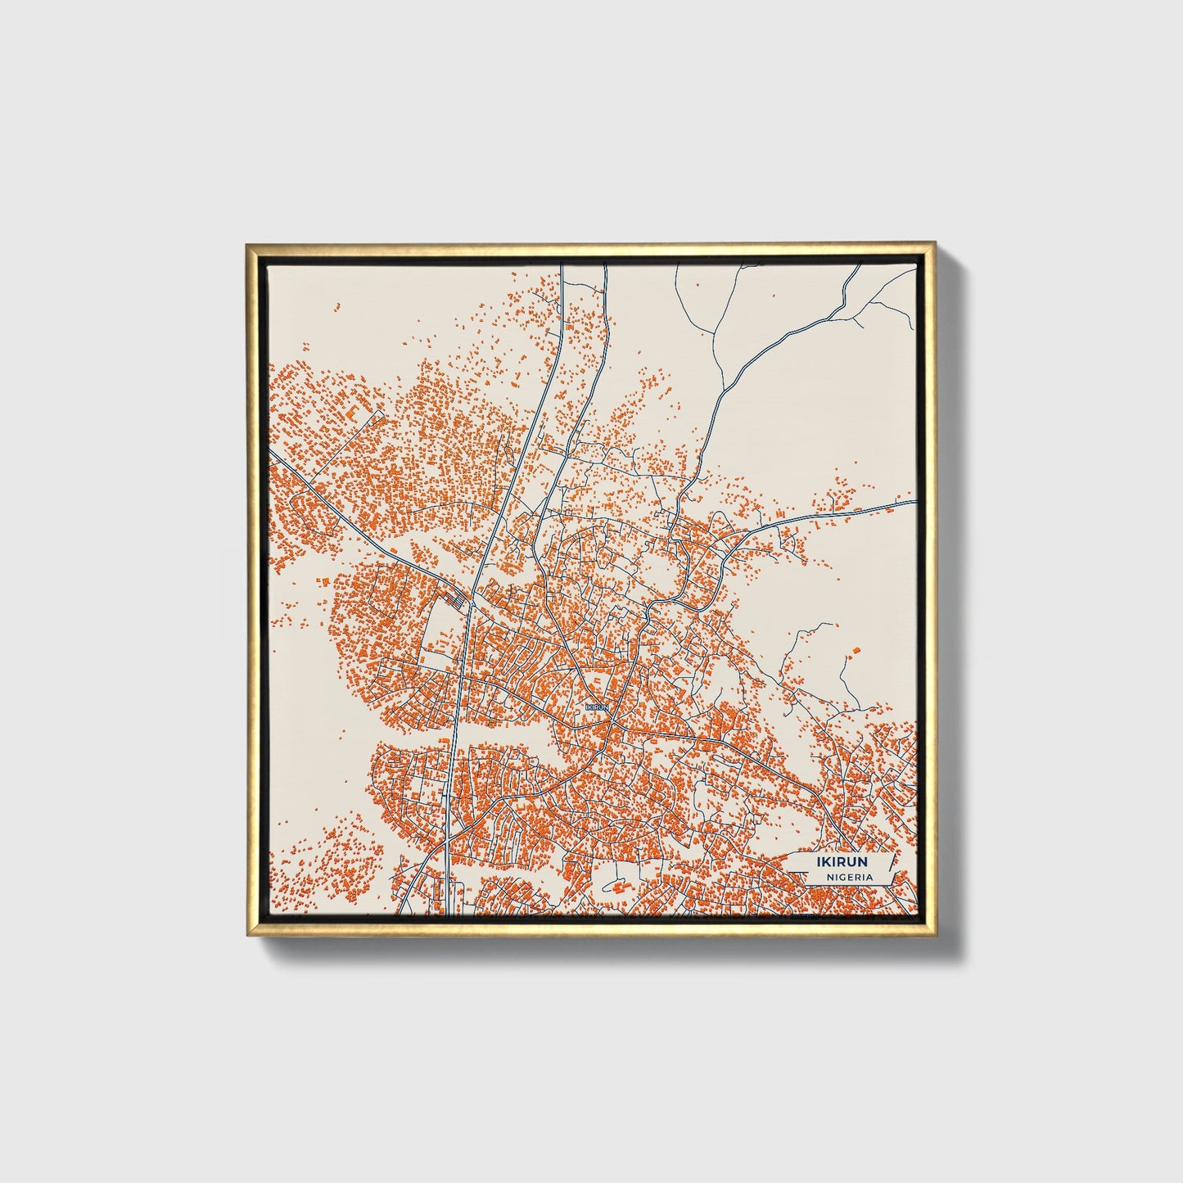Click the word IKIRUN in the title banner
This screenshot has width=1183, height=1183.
(x=842, y=862)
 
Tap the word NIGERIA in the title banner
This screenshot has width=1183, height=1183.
(x=849, y=877)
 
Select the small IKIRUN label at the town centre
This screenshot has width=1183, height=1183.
(x=598, y=706)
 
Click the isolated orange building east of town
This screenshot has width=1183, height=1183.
(x=856, y=650)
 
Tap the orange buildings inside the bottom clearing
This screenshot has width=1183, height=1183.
(x=618, y=887)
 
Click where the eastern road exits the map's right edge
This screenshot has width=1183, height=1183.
(x=914, y=501)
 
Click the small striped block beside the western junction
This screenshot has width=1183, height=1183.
(x=460, y=602)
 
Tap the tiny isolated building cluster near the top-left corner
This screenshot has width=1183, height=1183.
(x=335, y=308)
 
